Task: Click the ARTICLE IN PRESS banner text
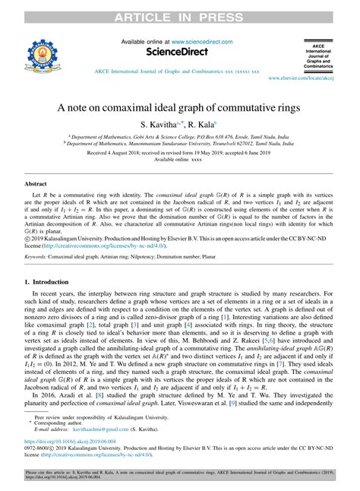click(x=179, y=9)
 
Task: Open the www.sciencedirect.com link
click(x=203, y=43)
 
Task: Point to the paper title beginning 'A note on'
click(x=179, y=109)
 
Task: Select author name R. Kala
click(x=202, y=124)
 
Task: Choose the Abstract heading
click(x=36, y=184)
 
